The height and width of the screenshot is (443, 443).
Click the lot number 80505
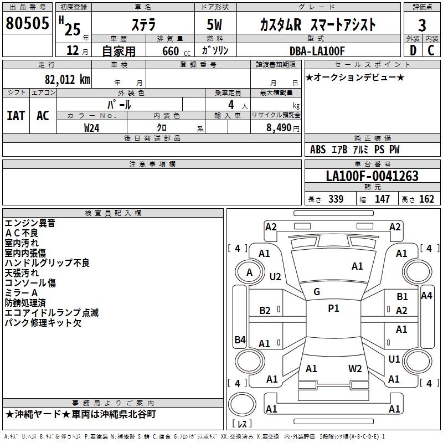click(x=27, y=24)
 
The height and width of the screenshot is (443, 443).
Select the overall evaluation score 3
click(x=422, y=25)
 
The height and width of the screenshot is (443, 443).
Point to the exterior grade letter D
click(x=413, y=50)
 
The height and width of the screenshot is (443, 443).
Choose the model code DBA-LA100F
click(x=317, y=51)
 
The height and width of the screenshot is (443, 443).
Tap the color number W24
click(x=92, y=127)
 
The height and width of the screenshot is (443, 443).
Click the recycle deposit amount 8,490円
click(x=279, y=127)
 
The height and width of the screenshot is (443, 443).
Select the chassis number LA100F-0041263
click(x=372, y=176)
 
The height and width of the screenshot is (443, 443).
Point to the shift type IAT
click(x=16, y=116)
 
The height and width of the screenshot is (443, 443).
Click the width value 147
click(x=382, y=199)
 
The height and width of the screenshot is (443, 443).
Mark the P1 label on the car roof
click(x=333, y=308)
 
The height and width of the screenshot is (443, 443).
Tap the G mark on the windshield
click(x=317, y=292)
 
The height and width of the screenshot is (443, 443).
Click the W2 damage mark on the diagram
click(x=355, y=368)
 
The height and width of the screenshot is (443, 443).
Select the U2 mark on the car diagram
click(x=275, y=276)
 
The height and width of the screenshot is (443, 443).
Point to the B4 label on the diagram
click(x=240, y=340)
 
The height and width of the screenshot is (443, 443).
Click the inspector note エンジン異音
click(x=30, y=223)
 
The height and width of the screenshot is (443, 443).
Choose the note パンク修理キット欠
click(x=43, y=323)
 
